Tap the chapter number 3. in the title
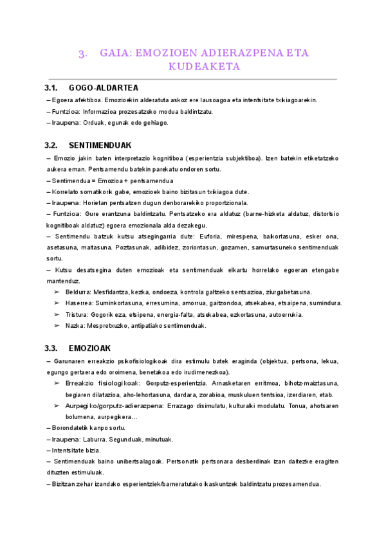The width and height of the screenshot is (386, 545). [82, 53]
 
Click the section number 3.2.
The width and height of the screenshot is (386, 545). [51, 145]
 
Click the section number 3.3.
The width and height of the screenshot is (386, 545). [51, 348]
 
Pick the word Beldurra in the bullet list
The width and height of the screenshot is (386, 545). [78, 292]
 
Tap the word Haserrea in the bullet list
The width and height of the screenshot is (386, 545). [78, 303]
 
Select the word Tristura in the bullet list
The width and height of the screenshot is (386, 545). [77, 314]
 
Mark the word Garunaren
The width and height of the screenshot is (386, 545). [69, 362]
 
